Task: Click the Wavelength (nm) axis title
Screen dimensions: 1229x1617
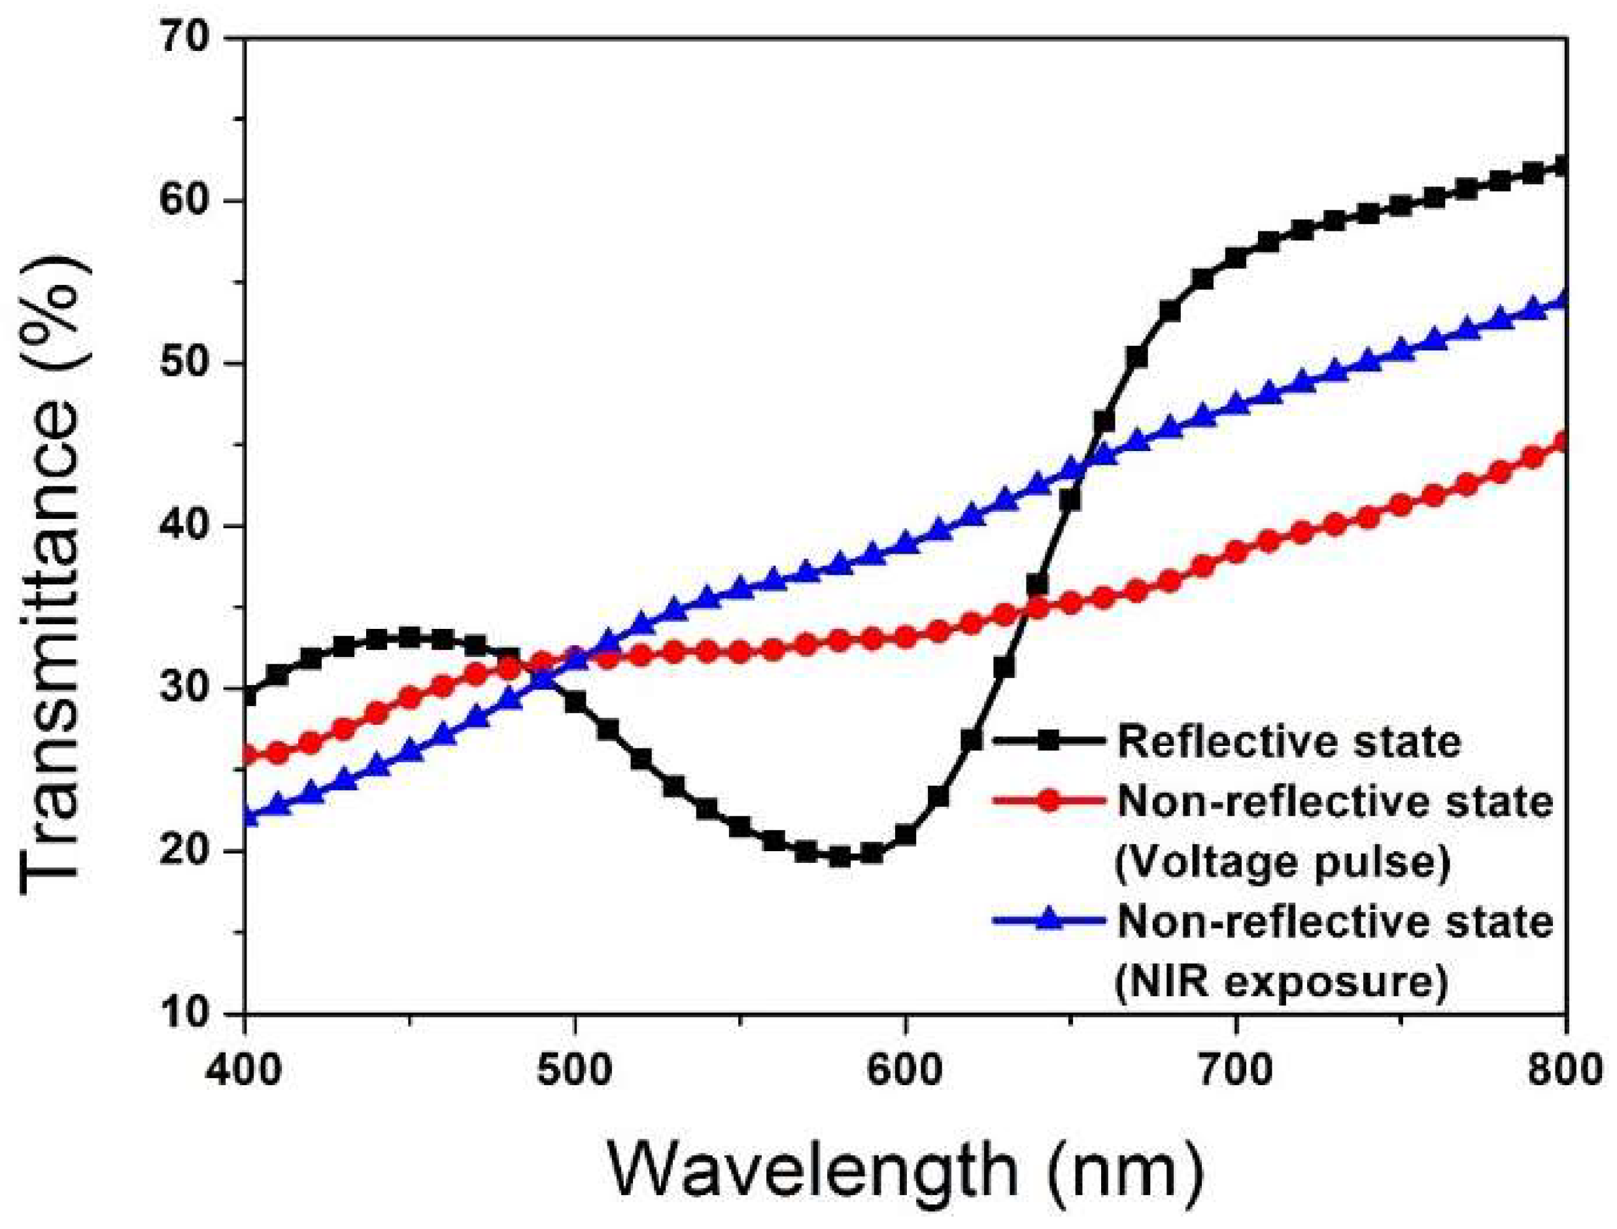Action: [x=906, y=1170]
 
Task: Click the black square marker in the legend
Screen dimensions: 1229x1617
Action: [x=1049, y=741]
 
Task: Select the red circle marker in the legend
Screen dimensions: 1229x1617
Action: [x=1049, y=801]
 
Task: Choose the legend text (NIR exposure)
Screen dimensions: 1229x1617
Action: [x=1280, y=982]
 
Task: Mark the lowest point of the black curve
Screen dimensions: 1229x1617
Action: [x=840, y=856]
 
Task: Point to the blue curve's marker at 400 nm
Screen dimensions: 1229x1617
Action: [x=247, y=815]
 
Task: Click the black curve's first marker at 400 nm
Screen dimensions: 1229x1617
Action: [x=247, y=695]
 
